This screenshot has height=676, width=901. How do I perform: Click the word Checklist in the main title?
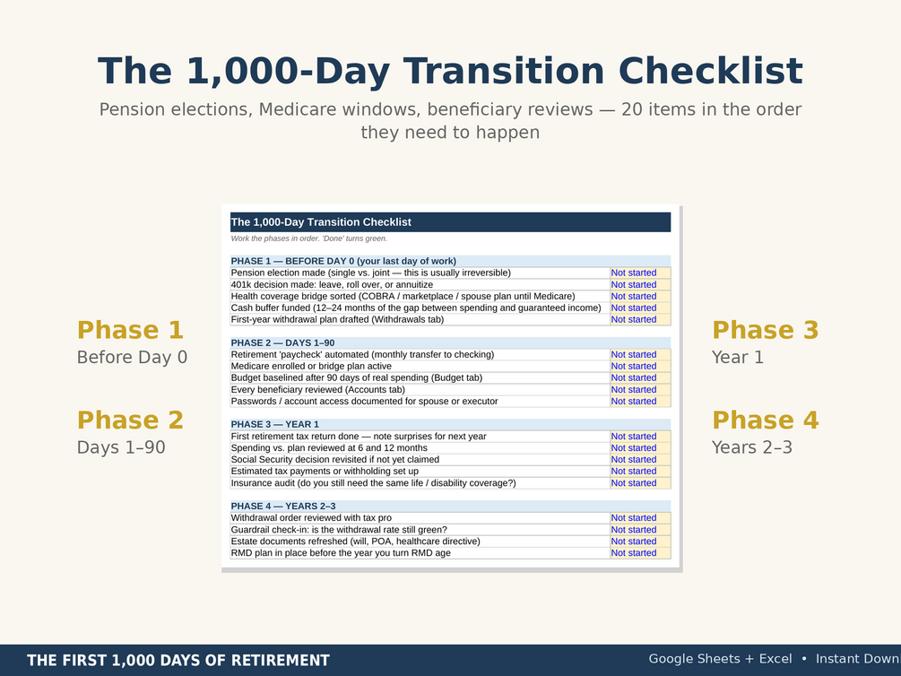tap(710, 72)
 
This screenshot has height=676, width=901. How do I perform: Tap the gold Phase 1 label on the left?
tap(130, 330)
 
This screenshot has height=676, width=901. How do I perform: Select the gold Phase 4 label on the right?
tap(766, 420)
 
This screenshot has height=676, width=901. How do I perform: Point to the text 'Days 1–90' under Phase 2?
tap(121, 447)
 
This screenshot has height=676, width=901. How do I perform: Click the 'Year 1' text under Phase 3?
tap(738, 357)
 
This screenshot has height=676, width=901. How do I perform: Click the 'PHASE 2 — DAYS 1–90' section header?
tap(282, 342)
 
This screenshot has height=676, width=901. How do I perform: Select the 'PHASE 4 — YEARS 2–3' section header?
tap(283, 506)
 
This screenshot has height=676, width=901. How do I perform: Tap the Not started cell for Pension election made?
tap(640, 273)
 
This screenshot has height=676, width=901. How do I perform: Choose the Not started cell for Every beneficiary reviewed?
tap(640, 390)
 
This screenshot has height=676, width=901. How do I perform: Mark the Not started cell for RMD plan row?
tap(640, 553)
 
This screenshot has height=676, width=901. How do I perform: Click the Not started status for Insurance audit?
tap(640, 483)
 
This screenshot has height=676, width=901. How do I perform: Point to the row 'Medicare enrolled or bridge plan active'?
tap(311, 366)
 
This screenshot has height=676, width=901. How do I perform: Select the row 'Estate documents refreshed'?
tap(355, 542)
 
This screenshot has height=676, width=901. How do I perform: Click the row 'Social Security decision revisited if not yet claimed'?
tap(335, 460)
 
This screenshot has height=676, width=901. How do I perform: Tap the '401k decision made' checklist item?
tap(332, 284)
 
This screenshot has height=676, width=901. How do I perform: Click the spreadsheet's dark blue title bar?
tap(450, 221)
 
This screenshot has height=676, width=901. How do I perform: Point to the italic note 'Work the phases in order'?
tap(309, 238)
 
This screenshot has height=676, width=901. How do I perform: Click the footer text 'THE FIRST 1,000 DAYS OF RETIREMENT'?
tap(178, 661)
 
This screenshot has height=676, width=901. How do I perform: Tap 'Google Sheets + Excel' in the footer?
tap(720, 659)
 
